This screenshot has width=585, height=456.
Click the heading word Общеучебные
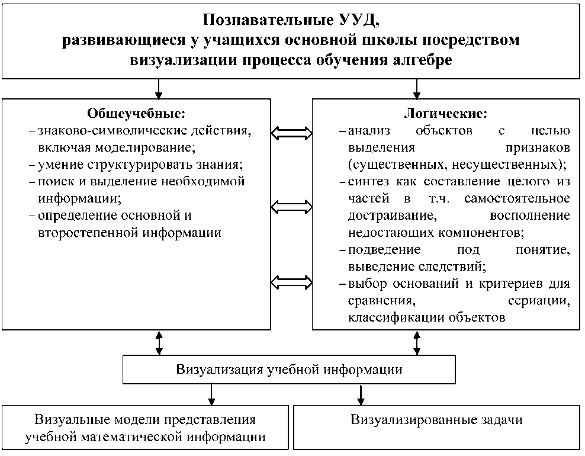pyautogui.click(x=136, y=113)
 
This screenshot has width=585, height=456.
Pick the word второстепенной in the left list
pyautogui.click(x=86, y=232)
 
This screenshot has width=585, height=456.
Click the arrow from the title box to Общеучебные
pyautogui.click(x=158, y=88)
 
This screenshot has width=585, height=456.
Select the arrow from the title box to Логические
pyautogui.click(x=417, y=88)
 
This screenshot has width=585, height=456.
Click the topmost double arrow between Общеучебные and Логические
pyautogui.click(x=291, y=133)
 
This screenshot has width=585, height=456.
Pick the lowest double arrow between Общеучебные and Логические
pyautogui.click(x=291, y=280)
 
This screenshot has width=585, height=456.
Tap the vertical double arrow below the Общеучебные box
pyautogui.click(x=158, y=342)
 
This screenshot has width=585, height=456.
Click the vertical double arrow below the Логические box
pyautogui.click(x=417, y=342)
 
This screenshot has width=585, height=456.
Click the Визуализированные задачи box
pyautogui.click(x=437, y=420)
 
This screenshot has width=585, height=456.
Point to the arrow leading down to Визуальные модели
pyautogui.click(x=211, y=394)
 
